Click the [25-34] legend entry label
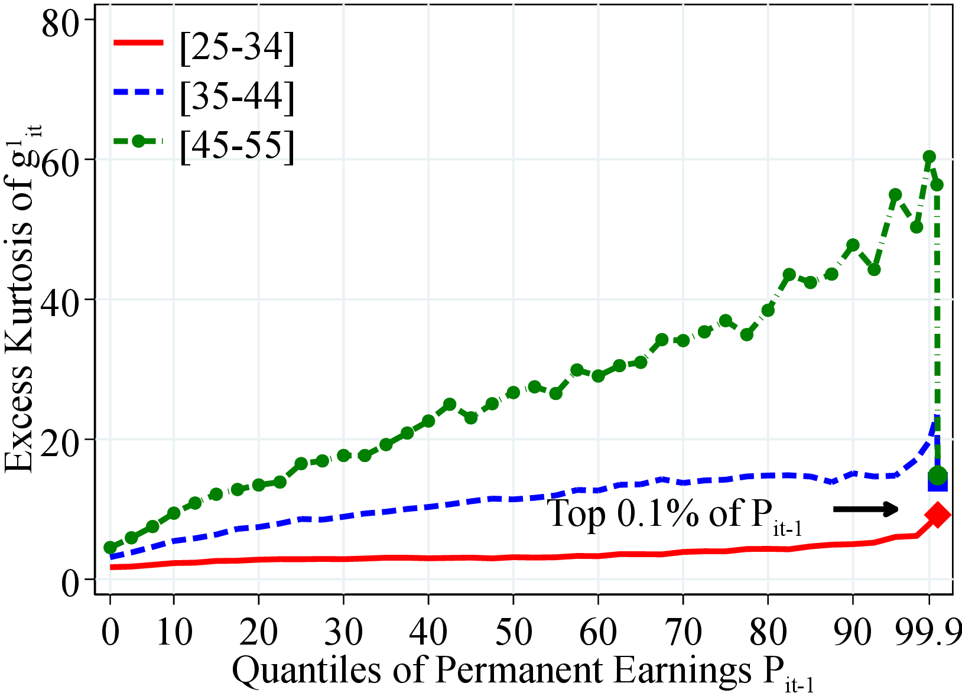tap(237, 47)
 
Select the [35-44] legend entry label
tap(237, 96)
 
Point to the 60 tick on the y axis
tap(60, 161)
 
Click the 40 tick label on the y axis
tap(60, 301)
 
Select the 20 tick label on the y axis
tap(60, 440)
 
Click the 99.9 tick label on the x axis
tap(928, 632)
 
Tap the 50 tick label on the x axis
tap(513, 632)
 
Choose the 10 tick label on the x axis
tap(174, 632)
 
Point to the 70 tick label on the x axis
tap(682, 632)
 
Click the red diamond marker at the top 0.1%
tap(938, 515)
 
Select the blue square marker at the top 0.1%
tap(937, 483)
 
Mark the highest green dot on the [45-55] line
tap(929, 157)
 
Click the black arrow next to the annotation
tap(866, 509)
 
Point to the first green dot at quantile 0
tap(110, 548)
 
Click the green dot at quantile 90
tap(853, 245)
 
